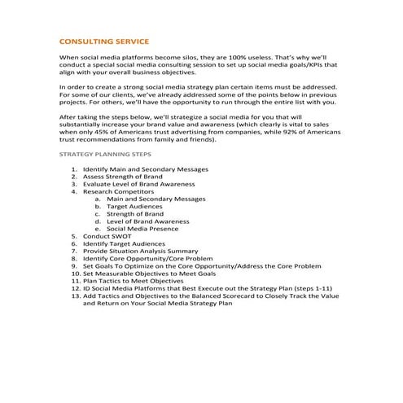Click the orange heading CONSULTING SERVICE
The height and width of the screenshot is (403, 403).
pos(104,40)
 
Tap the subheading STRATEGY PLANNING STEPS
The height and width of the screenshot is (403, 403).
pos(105,154)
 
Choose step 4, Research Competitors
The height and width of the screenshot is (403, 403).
pos(118,191)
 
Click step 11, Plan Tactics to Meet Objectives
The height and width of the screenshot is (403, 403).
pos(138,281)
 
